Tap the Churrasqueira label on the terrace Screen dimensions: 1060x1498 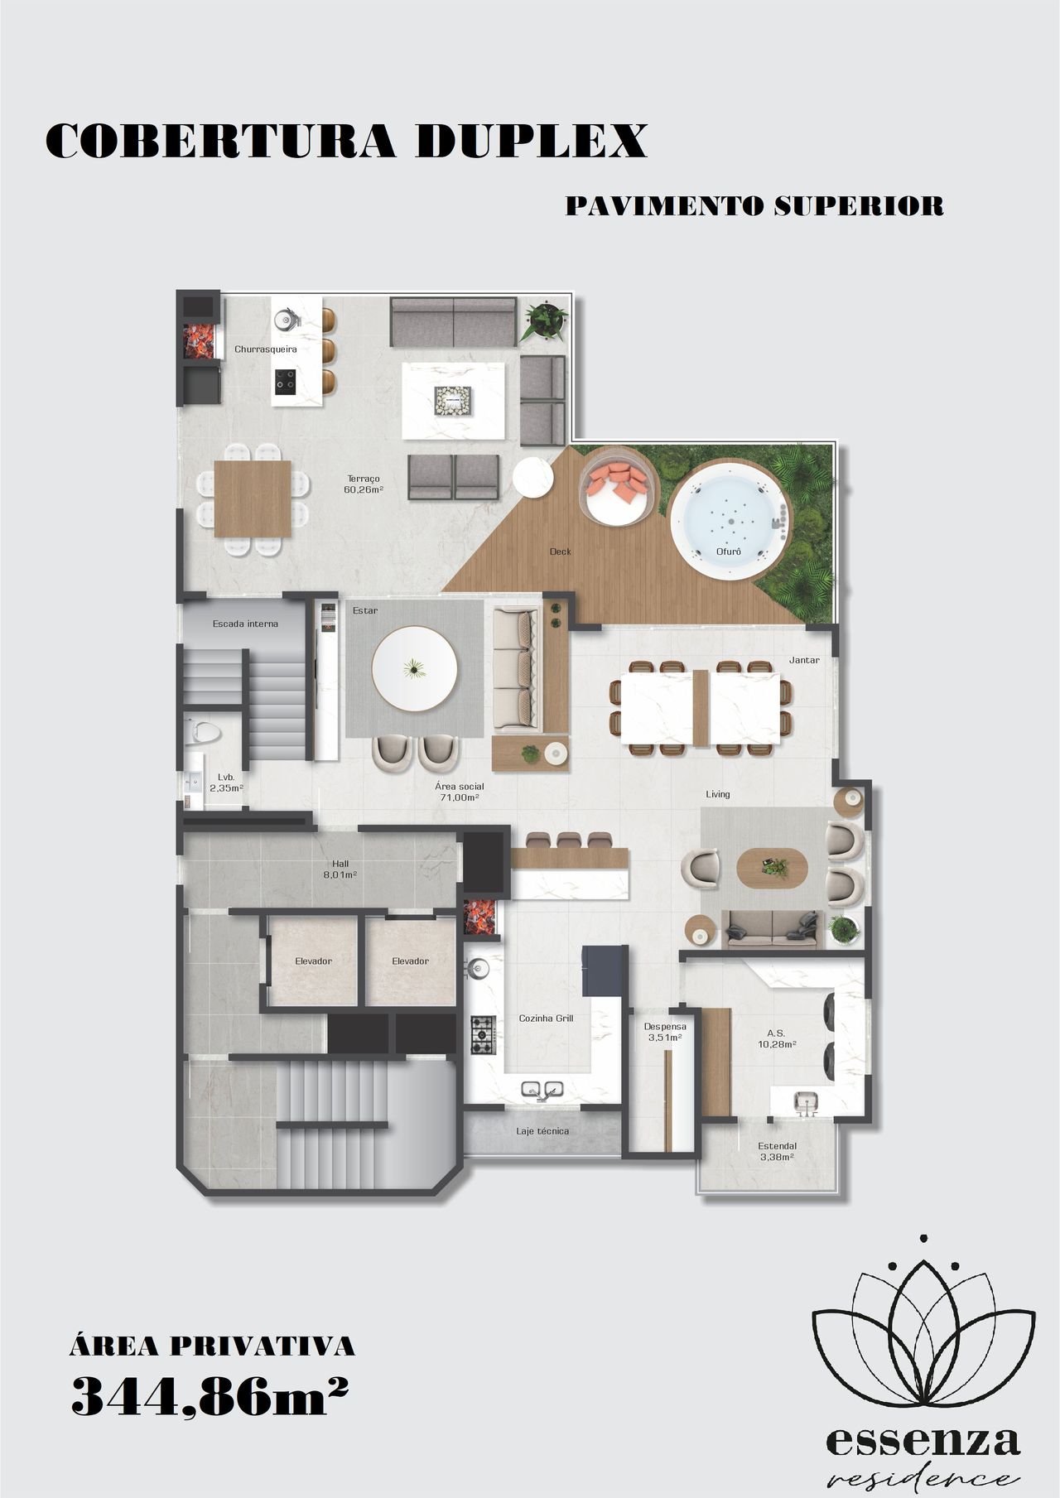pos(265,349)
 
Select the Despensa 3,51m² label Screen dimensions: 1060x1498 pos(665,1032)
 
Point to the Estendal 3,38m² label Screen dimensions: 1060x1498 pos(777,1151)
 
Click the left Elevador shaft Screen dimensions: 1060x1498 pos(314,961)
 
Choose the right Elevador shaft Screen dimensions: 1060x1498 pos(410,961)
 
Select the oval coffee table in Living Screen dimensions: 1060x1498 pos(773,868)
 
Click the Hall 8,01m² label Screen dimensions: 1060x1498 pos(340,869)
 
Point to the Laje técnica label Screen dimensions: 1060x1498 pos(542,1131)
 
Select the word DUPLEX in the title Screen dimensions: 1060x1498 pos(531,142)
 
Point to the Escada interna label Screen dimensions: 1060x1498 pos(245,624)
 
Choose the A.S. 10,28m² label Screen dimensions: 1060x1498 pos(776,1038)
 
